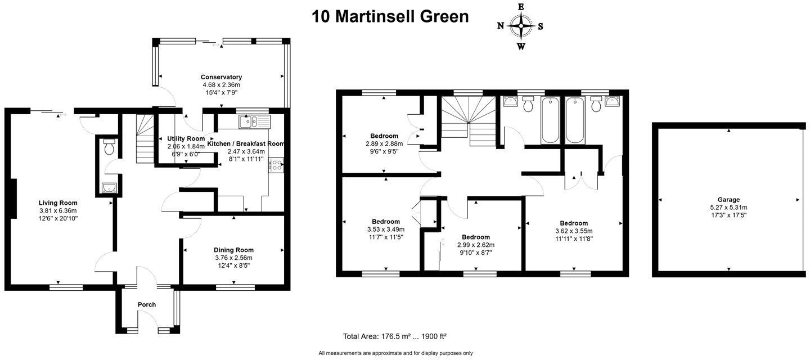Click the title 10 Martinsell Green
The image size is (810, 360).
coord(390,17)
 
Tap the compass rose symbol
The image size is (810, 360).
coord(521,26)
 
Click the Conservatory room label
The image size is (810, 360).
coord(221,77)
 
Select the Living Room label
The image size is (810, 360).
coord(58,202)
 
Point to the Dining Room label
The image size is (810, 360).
coord(233,250)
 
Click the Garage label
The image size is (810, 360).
coord(728,200)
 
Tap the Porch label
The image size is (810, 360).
coord(147,305)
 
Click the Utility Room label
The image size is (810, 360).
coord(186,138)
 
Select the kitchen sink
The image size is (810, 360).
coord(255,122)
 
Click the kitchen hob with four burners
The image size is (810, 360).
coord(276,165)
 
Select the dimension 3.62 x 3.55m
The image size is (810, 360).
coord(574,231)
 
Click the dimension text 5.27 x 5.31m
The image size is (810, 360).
coord(728,208)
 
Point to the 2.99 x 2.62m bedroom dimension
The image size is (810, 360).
coord(476,245)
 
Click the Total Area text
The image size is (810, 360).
coord(395,336)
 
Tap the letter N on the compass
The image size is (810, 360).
coord(501,26)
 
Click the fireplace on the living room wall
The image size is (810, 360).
coord(13,199)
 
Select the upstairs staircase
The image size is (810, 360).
coord(469,121)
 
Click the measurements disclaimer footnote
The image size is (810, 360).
coord(395,353)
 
